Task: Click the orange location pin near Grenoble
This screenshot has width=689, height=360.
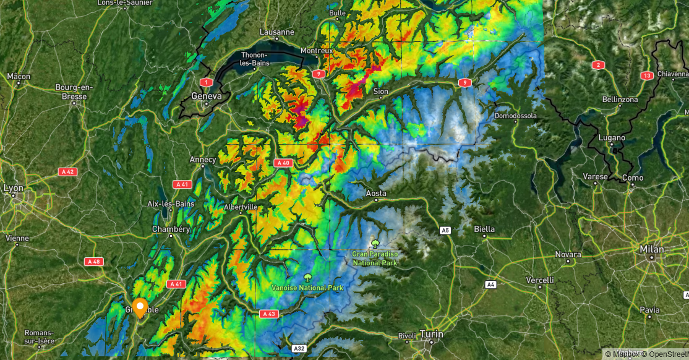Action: coord(140,307)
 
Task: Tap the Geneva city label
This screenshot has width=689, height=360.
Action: coord(207,96)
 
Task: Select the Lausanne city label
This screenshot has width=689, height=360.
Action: coord(276,32)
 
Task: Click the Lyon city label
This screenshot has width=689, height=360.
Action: coord(14,188)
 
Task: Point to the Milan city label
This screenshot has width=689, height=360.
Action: coord(652,249)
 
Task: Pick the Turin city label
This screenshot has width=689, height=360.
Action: coord(431,334)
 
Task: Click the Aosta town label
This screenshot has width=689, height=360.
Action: coord(376,193)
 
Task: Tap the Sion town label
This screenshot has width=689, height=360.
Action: coord(381,92)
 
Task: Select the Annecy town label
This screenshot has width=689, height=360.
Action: coord(203,160)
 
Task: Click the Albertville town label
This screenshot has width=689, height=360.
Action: coord(241,207)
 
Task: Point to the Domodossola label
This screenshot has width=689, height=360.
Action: coord(516,116)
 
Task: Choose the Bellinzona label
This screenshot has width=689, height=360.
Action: coord(619,99)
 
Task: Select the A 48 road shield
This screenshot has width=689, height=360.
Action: coord(93,261)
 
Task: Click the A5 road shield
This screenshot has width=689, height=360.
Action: coord(445,230)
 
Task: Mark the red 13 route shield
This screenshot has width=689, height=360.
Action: coord(647,75)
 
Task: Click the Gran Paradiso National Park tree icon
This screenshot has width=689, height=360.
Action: coord(374,243)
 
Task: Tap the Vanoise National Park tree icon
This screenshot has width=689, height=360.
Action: coord(307,277)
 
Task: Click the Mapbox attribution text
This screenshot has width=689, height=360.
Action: coord(623,354)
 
